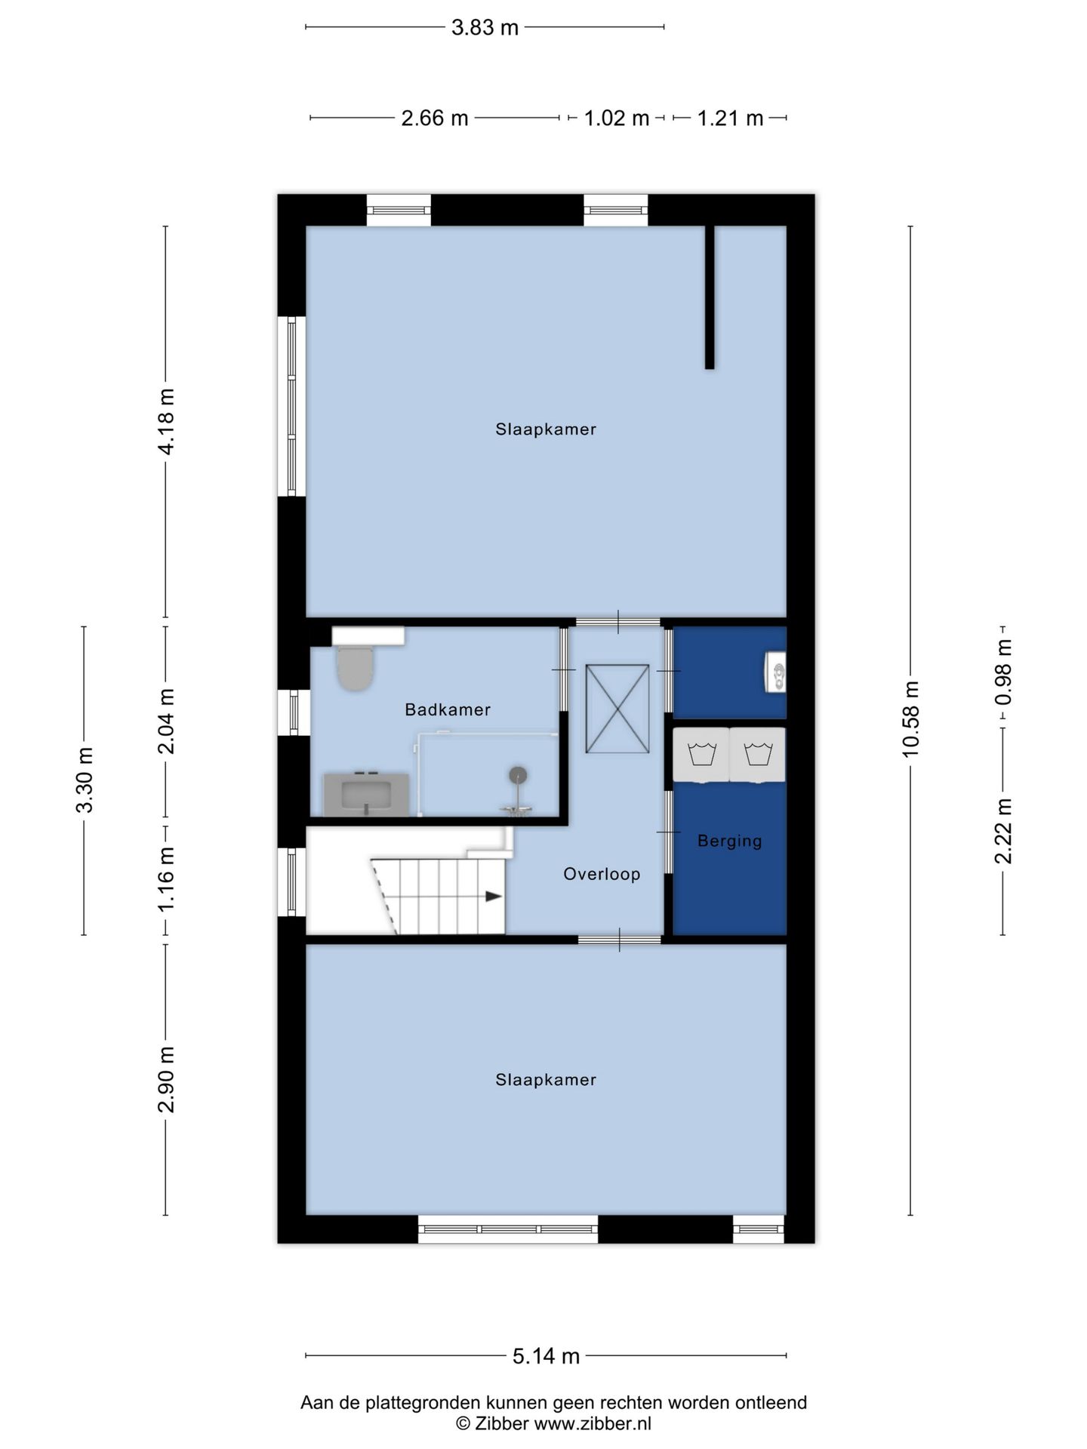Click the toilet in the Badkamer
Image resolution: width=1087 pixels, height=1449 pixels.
click(x=354, y=668)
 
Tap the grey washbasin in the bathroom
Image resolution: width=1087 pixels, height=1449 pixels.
click(x=367, y=795)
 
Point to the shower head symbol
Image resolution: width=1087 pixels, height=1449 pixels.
click(x=518, y=775)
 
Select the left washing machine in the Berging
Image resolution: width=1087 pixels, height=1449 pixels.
click(x=701, y=754)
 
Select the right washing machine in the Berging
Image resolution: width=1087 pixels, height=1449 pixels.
click(x=757, y=754)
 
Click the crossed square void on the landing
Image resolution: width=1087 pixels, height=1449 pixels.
click(x=617, y=708)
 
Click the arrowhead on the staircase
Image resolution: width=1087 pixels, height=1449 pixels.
click(x=493, y=896)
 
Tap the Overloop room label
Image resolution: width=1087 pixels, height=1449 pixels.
click(x=602, y=874)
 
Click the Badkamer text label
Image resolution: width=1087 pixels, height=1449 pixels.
click(x=448, y=709)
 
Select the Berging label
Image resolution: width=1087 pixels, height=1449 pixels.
click(x=729, y=841)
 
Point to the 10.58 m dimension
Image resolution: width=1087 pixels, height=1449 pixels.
click(x=911, y=718)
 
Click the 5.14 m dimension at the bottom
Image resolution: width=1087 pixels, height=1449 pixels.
click(x=546, y=1356)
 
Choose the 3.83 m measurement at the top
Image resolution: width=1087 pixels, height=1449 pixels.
click(x=485, y=28)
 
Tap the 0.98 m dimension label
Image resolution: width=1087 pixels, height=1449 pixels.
click(x=1003, y=672)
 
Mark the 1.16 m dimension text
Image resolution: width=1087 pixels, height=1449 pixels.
click(x=166, y=878)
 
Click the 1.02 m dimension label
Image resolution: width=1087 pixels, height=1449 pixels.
click(x=616, y=118)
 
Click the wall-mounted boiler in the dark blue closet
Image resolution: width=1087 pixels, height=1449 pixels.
click(x=775, y=671)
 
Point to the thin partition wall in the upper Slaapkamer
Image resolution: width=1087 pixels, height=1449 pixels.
click(x=710, y=297)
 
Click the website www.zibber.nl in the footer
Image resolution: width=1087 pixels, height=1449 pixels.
click(x=593, y=1423)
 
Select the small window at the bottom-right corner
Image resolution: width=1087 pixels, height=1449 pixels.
click(x=759, y=1232)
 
